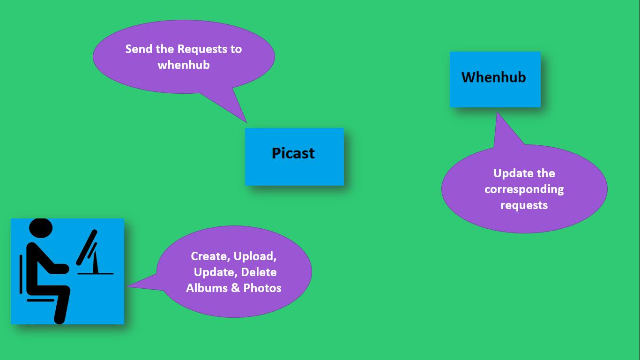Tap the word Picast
pos(293,153)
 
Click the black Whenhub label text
pos(494,77)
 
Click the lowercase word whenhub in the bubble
pos(184,65)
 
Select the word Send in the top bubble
pos(139,49)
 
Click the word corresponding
pos(524,189)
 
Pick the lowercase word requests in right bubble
pos(524,205)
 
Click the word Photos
pos(262,288)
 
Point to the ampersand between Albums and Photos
pos(236,288)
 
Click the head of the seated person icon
pos(41,228)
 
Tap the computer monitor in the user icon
pos(87,246)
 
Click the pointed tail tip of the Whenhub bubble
pos(497,112)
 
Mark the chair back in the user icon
pos(21,274)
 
